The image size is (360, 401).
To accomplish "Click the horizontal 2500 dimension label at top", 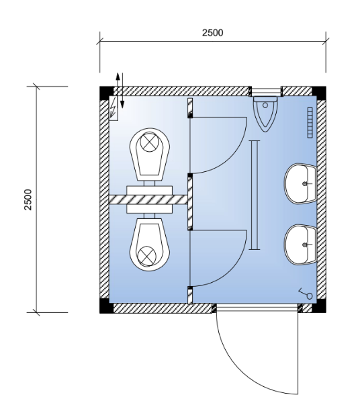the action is (x=212, y=33).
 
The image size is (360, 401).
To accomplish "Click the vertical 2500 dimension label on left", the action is (x=28, y=199).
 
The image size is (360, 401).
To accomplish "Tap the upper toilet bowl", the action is (x=150, y=154).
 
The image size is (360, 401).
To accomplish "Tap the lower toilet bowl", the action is (x=150, y=244).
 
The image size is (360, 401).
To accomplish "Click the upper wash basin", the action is (x=301, y=183).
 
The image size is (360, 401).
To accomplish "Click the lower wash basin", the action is (x=301, y=244).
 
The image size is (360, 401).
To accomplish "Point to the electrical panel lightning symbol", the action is (x=114, y=108).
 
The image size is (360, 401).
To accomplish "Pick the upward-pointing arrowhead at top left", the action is (x=118, y=77).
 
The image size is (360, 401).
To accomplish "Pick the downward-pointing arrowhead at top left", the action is (x=122, y=104).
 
